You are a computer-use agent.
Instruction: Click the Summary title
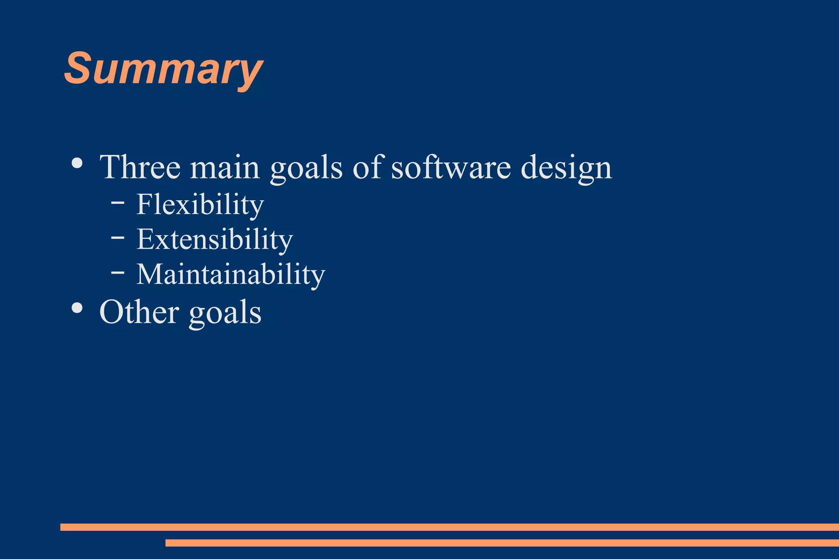tap(163, 69)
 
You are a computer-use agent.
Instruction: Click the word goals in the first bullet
tap(306, 168)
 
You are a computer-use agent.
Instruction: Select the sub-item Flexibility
tap(200, 204)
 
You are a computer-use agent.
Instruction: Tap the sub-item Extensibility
tap(214, 239)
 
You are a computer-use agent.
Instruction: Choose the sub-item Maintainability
tap(231, 274)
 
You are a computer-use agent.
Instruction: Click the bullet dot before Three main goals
tap(77, 163)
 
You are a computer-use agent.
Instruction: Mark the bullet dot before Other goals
tap(77, 308)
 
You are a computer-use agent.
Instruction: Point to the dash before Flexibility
tap(118, 202)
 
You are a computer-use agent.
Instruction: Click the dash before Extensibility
tap(118, 237)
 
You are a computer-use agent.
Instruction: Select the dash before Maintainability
tap(118, 271)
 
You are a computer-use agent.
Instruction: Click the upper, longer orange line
tap(449, 527)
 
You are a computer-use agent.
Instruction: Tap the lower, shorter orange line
tap(502, 543)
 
